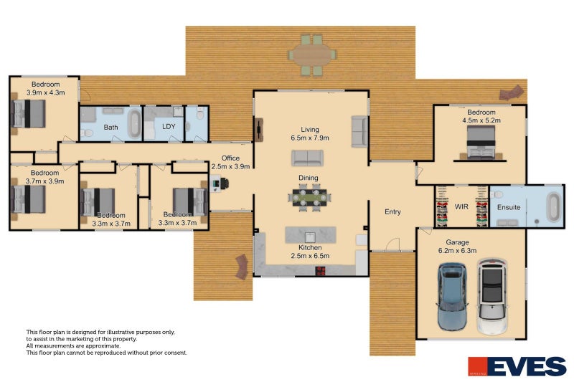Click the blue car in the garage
coord(453,296)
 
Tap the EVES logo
coord(517,366)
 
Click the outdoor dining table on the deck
coord(312,54)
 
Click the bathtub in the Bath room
coord(134,123)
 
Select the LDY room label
coord(169,127)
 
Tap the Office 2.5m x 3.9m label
coord(230,163)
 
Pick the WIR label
coord(461,207)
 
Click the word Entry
coord(392,211)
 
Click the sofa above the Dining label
coord(309,158)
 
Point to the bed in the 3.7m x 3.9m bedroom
coord(29,199)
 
